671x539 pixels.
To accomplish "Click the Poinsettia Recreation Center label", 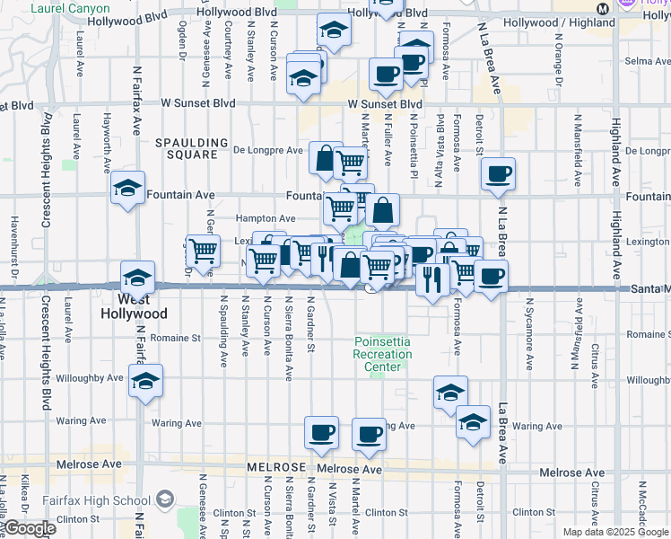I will [x=382, y=354].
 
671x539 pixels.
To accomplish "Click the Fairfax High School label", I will [x=96, y=499].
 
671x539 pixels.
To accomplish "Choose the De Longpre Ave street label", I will [x=269, y=150].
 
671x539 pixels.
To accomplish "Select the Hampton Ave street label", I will [x=266, y=218].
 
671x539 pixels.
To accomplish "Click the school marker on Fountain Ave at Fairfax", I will [x=128, y=189].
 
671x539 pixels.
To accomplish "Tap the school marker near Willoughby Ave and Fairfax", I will [x=145, y=381].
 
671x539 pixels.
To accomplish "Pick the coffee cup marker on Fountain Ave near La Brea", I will [x=498, y=174].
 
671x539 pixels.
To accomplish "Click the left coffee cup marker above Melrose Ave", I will [x=321, y=434].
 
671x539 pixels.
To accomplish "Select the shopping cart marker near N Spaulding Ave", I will [x=204, y=251].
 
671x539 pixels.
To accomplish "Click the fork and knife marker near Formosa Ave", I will [x=431, y=280].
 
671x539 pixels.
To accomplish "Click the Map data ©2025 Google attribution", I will [x=615, y=532].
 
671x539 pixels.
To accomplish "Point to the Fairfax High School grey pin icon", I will [x=165, y=499].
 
